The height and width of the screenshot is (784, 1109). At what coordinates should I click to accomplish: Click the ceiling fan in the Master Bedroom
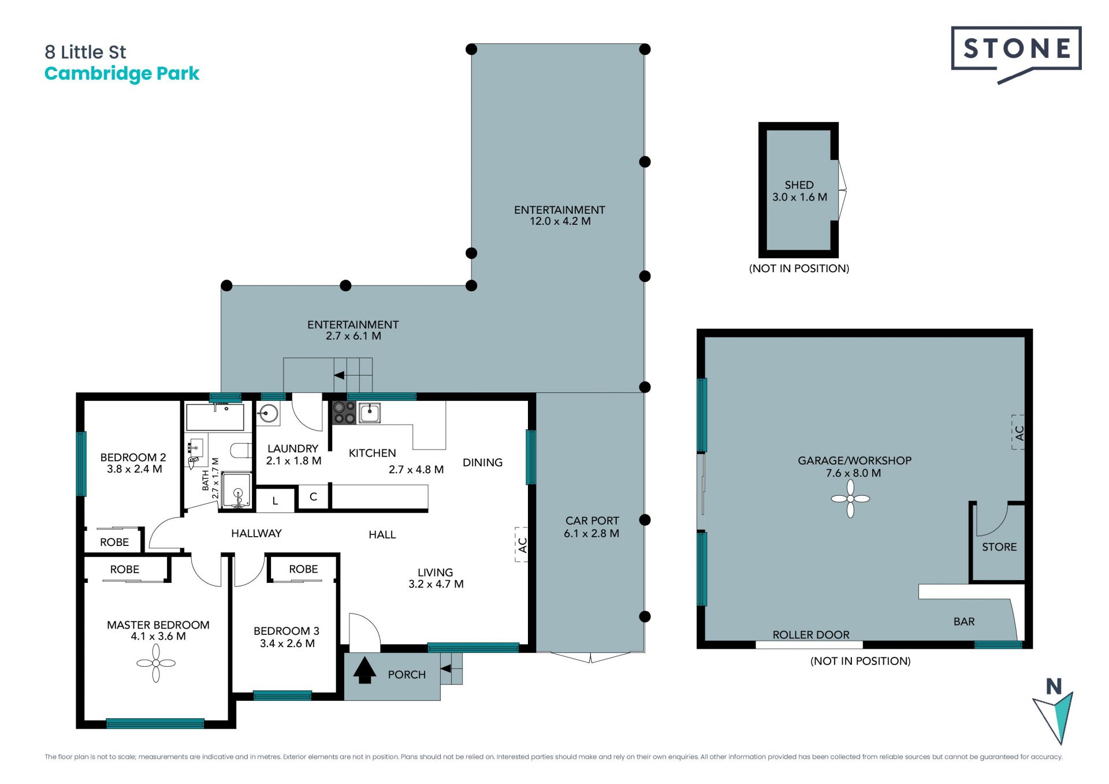point(156,663)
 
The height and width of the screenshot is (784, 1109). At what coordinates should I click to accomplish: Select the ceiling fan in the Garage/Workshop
point(850,499)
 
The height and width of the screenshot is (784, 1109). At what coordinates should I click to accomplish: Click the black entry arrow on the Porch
point(364,670)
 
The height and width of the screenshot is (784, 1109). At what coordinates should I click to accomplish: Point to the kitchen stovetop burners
point(344,413)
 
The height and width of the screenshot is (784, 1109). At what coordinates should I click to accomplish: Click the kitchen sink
point(370,413)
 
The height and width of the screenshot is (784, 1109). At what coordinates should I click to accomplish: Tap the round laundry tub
point(268,414)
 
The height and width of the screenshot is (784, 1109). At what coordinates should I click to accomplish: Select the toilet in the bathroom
point(241,450)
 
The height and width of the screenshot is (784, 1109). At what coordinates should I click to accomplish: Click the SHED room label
point(799,185)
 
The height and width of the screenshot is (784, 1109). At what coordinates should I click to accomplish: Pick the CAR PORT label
point(592,521)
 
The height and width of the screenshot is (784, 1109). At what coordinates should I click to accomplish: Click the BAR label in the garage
point(964,622)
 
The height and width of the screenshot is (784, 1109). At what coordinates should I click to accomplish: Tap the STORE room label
point(999,547)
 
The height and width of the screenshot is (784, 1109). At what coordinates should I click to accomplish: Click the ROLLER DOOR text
point(811,635)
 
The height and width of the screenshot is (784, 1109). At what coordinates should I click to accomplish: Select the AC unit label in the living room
point(522,545)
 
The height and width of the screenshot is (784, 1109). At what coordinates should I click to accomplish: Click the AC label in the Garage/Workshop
point(1019,433)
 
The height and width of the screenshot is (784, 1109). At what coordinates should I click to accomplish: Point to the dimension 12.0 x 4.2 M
point(560,221)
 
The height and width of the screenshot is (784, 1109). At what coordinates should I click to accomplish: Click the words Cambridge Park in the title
point(122,74)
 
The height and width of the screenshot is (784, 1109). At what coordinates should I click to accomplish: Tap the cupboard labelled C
point(313,497)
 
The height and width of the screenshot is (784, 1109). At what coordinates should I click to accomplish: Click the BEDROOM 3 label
point(286,631)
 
